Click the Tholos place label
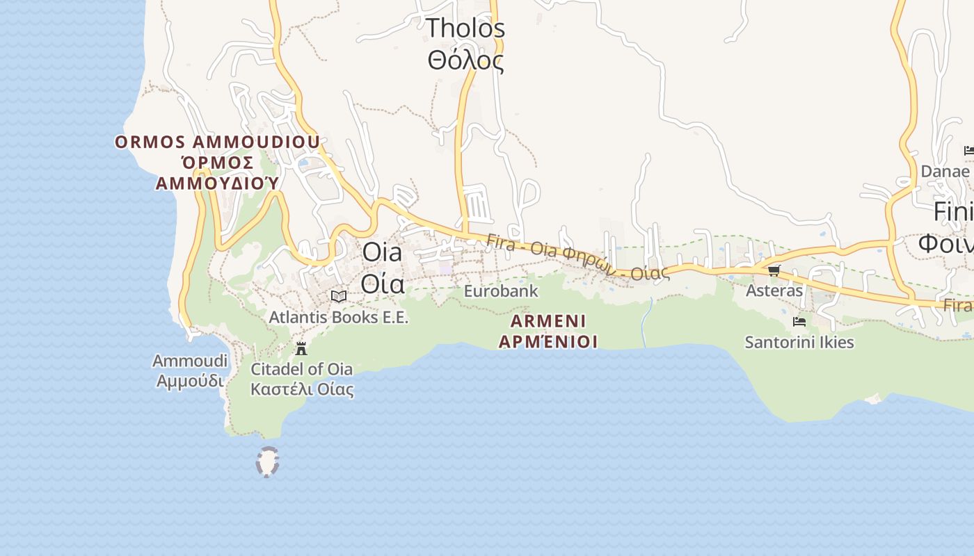coord(465,28)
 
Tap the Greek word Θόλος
coord(465,60)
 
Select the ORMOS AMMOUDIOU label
coord(217,142)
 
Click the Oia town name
coord(382,252)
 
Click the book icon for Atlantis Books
coord(339,297)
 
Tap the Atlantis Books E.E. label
coord(339,318)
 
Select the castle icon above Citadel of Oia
coord(301,348)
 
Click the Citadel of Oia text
coord(301,369)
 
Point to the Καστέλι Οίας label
coord(301,389)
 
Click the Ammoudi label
coord(190,361)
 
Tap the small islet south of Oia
coord(267,462)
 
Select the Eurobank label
coord(501,291)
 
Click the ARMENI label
coord(548,321)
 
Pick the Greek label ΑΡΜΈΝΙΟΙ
coord(548,342)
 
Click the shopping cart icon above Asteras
coord(774,270)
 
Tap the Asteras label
coord(774,291)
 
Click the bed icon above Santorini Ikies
coord(799,322)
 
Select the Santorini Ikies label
coord(799,343)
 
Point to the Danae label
coord(945,171)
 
